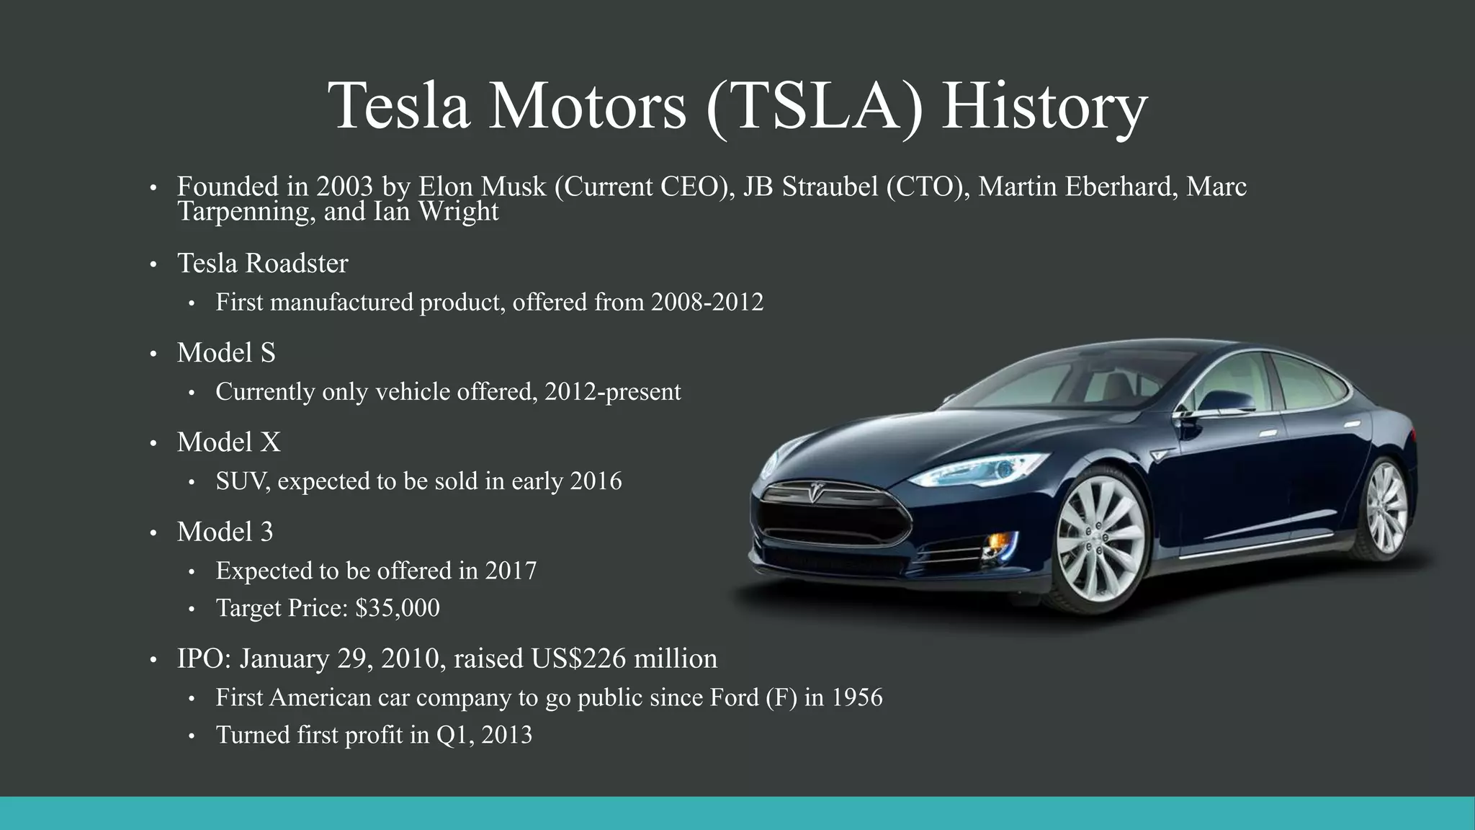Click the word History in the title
(x=1044, y=107)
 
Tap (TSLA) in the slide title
(x=815, y=107)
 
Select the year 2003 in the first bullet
(x=344, y=187)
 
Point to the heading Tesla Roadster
(x=262, y=264)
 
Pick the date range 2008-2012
(x=707, y=302)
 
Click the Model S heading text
(x=226, y=353)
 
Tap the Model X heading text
(x=228, y=442)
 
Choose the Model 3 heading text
(x=225, y=532)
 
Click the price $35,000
(x=397, y=608)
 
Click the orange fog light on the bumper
(x=997, y=540)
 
